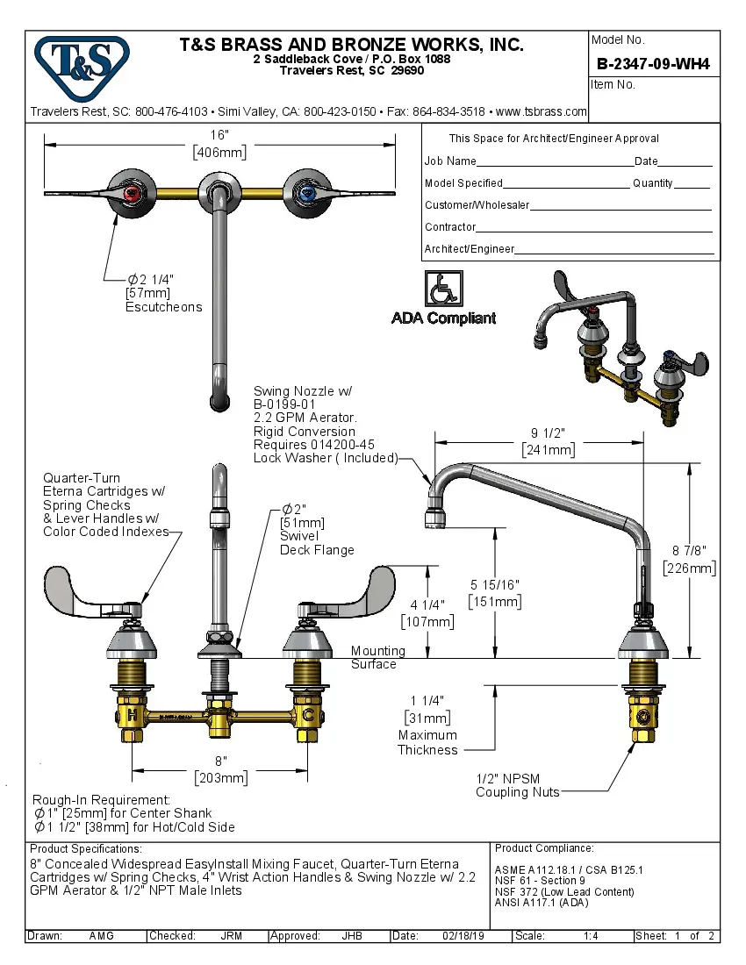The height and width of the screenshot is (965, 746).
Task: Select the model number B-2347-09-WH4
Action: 652,63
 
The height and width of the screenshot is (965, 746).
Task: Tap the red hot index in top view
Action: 131,192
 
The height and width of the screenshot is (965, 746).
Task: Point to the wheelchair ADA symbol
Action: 442,288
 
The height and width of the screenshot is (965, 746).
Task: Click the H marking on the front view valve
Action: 131,716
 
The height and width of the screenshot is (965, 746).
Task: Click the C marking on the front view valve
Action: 307,716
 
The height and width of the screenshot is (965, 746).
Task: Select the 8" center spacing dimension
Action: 219,769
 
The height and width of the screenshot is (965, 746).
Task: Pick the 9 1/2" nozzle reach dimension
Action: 548,441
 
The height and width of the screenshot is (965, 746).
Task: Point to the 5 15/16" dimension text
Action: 496,593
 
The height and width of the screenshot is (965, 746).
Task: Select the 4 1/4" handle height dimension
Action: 427,613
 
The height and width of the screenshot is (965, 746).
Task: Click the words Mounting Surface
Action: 377,657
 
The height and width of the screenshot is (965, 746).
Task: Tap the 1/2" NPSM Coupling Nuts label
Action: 517,785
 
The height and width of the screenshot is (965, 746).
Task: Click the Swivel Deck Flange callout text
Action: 316,543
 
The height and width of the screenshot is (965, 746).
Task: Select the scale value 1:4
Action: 591,936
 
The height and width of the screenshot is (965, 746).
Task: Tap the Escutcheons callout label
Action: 163,307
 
